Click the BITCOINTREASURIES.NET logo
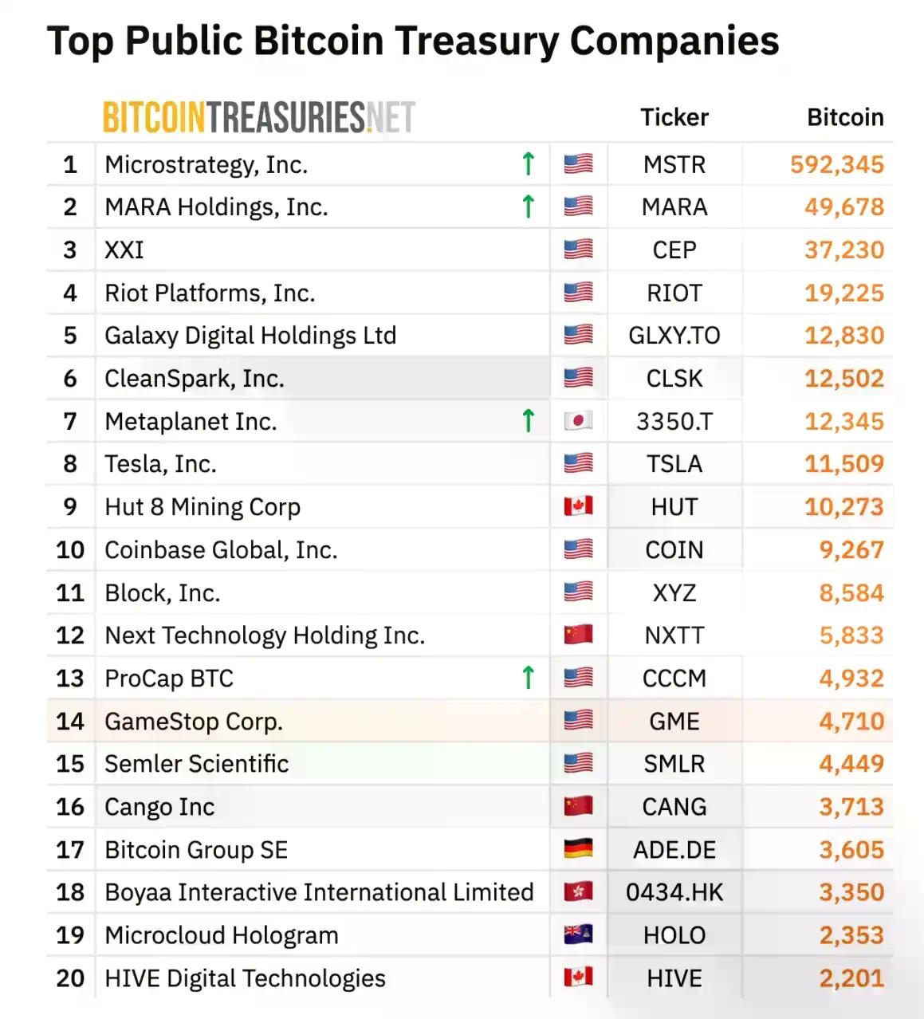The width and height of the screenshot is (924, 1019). click(258, 117)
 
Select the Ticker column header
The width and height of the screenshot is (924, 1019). click(674, 117)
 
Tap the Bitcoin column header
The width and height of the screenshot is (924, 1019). click(844, 117)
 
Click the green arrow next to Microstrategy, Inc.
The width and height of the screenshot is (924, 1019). click(528, 163)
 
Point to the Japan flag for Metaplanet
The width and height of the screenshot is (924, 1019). click(578, 421)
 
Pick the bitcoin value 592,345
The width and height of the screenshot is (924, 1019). click(836, 164)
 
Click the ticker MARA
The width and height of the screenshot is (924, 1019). click(674, 207)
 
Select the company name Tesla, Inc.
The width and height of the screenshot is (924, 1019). click(160, 464)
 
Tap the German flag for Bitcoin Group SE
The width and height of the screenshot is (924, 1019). click(578, 849)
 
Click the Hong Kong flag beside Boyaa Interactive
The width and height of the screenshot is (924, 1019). click(578, 892)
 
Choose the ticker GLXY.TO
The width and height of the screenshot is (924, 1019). click(674, 336)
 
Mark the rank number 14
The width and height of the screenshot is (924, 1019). click(70, 721)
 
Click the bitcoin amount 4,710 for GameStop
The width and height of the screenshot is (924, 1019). click(851, 721)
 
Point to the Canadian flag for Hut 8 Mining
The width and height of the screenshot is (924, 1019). click(578, 506)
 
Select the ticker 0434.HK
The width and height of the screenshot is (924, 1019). click(674, 892)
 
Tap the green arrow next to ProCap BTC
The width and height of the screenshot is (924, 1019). click(528, 678)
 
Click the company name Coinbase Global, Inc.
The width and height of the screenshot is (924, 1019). click(221, 550)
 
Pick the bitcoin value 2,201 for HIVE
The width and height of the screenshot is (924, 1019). click(851, 978)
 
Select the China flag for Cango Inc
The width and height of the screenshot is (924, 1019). click(578, 806)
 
